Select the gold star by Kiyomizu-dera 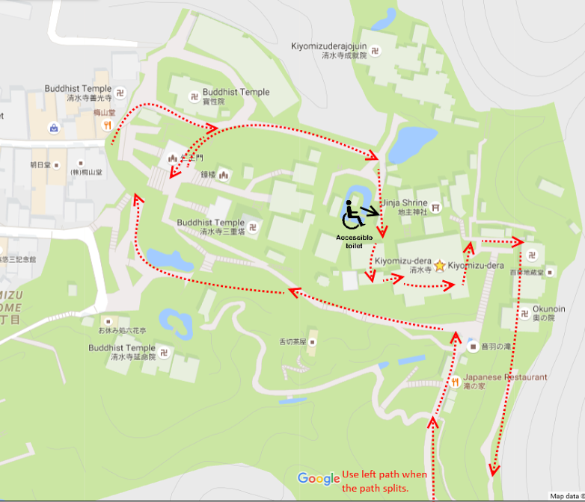[439, 265]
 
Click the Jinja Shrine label [405, 202]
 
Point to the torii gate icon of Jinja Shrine [436, 208]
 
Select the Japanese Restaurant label [505, 377]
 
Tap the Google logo [318, 478]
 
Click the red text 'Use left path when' [385, 475]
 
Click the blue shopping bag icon [54, 127]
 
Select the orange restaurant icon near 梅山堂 [108, 125]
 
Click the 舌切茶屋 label [293, 342]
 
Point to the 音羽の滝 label [494, 347]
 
